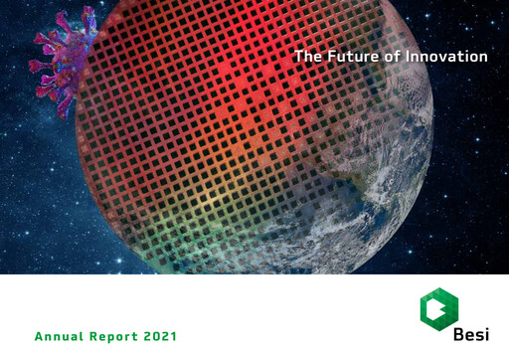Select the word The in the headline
click(307, 57)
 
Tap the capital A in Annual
click(39, 337)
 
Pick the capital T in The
click(298, 57)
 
